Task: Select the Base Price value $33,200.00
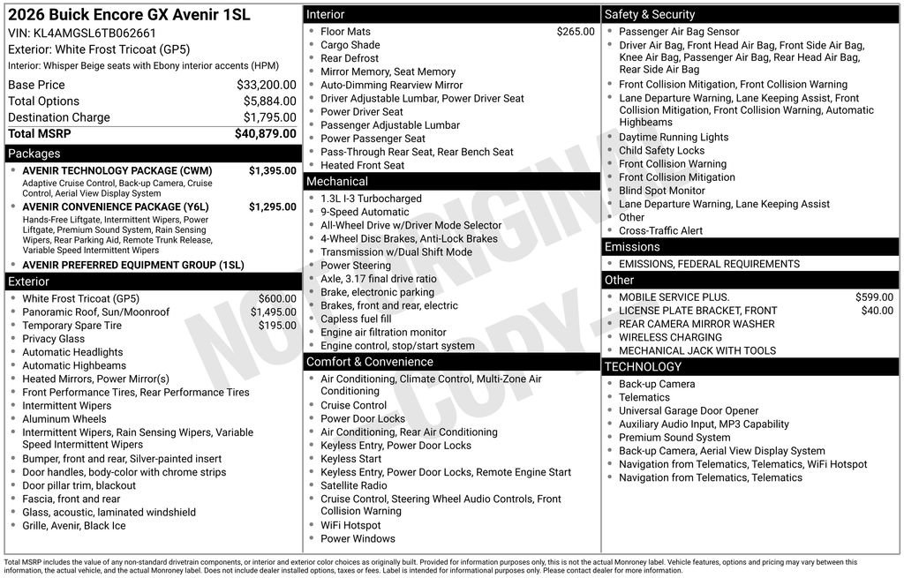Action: point(267,85)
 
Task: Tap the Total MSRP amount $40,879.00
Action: point(265,133)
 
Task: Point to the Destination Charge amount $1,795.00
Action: point(270,117)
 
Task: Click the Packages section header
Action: point(34,154)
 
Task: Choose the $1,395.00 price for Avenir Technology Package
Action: point(272,170)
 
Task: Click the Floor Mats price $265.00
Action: point(576,32)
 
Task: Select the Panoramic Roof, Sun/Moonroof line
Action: point(95,312)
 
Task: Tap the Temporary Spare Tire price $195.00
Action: point(278,326)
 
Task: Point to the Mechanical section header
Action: point(336,182)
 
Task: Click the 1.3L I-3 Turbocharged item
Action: point(371,199)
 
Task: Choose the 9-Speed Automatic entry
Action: point(365,212)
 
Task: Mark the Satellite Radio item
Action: point(353,485)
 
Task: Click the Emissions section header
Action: point(632,247)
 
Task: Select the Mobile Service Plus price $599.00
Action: point(874,297)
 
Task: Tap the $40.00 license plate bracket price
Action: point(877,311)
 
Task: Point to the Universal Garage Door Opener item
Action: point(689,410)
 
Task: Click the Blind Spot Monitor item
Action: point(661,191)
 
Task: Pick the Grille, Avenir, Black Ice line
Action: point(74,526)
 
